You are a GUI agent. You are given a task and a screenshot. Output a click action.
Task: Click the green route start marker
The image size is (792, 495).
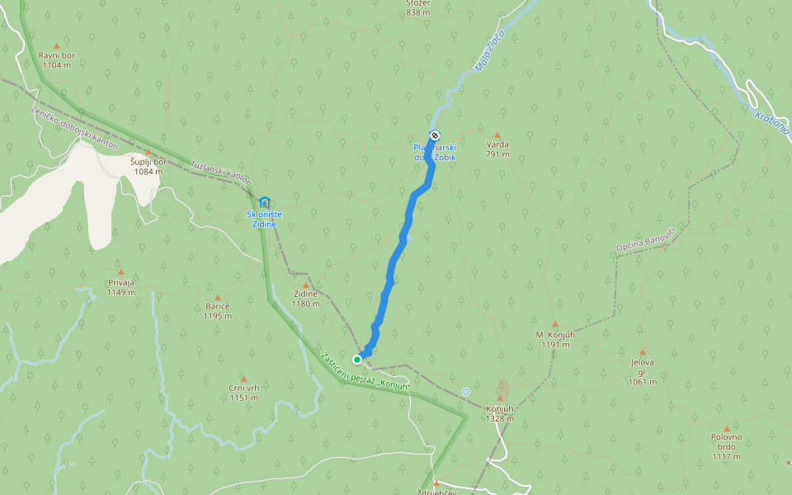[357, 359]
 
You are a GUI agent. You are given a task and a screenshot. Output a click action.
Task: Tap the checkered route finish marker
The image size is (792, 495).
[435, 135]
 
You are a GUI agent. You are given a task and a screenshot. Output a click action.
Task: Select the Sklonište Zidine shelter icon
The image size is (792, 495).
[264, 202]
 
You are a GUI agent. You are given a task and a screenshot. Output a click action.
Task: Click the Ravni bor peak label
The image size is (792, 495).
[56, 59]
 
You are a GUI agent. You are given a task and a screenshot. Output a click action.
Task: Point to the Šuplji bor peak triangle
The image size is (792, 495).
[148, 152]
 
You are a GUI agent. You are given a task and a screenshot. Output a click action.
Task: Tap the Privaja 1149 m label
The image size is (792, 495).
[120, 287]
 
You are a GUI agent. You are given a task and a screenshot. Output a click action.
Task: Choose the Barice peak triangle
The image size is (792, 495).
[218, 298]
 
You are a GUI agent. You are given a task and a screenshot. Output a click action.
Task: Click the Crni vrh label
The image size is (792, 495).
[244, 393]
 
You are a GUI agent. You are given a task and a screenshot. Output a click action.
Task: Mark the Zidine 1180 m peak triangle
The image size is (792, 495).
[305, 285]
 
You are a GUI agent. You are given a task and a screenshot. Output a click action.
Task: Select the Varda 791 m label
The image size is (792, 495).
[497, 149]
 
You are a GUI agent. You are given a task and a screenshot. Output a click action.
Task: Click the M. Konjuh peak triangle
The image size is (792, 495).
[554, 324]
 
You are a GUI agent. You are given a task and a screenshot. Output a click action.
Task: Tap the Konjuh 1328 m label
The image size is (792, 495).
[500, 413]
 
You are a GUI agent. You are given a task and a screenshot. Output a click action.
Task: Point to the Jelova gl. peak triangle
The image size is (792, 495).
[643, 352]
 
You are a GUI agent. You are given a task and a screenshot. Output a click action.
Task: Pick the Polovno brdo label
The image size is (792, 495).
[726, 446]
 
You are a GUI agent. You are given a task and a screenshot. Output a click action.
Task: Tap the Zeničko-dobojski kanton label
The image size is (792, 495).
[74, 128]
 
